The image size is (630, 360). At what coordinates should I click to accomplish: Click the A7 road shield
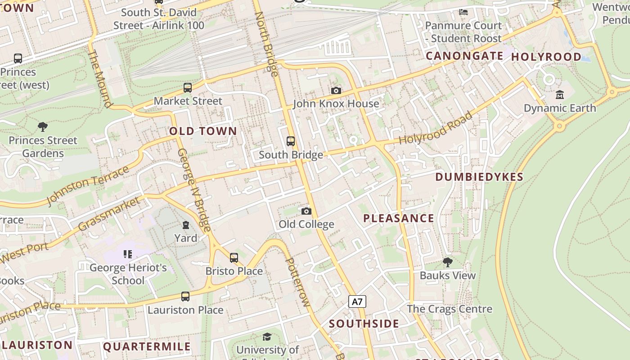[357, 301]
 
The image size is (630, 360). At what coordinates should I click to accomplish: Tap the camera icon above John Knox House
[336, 91]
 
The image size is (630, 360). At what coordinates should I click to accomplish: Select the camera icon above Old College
[306, 211]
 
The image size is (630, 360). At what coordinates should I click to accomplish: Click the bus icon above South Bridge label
[291, 141]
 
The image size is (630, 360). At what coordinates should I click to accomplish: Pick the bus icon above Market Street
[188, 88]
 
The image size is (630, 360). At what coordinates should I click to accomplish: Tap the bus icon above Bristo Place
[234, 258]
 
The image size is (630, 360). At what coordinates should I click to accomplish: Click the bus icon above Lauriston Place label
[185, 297]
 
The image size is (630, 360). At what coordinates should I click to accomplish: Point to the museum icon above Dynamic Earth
[559, 94]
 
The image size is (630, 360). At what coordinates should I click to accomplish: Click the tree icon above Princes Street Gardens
[43, 127]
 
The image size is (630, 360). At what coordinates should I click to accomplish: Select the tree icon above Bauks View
[447, 262]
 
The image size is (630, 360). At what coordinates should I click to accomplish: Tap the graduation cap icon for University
[267, 337]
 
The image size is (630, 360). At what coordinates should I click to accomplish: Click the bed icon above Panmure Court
[463, 12]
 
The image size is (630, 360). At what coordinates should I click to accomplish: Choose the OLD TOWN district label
[203, 131]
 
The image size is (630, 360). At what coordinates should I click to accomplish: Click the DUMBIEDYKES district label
[479, 177]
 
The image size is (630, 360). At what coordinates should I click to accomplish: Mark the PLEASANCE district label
[398, 219]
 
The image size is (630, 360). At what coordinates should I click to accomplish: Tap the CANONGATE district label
[464, 56]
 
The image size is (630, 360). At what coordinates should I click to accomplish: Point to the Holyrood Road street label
[436, 128]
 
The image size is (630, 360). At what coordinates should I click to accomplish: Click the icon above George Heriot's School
[127, 254]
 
